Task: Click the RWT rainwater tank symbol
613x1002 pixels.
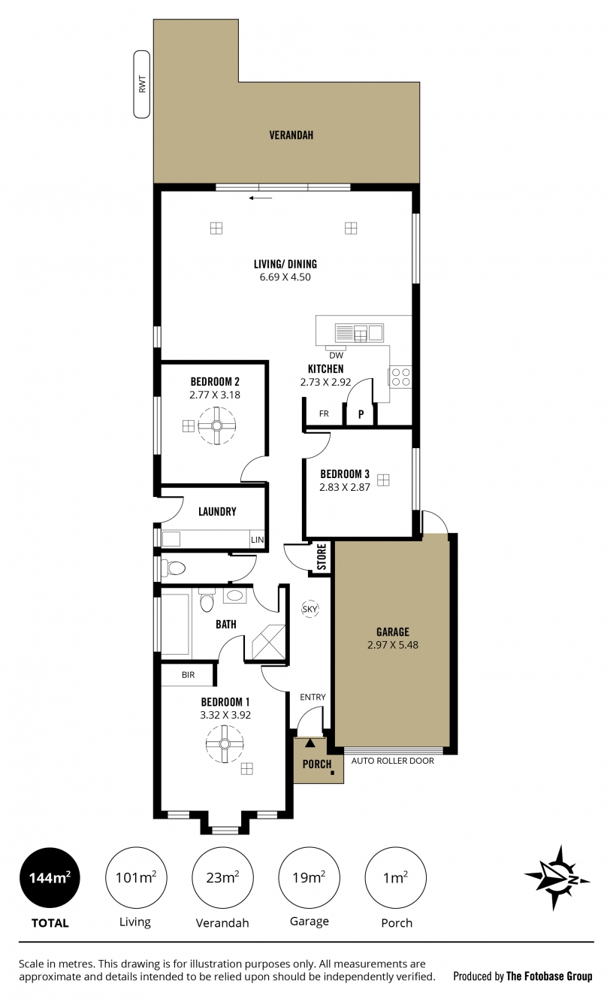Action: (x=142, y=84)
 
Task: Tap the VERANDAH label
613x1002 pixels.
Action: (x=291, y=135)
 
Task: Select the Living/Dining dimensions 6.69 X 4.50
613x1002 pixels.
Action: (x=285, y=277)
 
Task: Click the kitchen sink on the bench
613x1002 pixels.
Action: (x=360, y=333)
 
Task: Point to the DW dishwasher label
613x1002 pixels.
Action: (x=337, y=356)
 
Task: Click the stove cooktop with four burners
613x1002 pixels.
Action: (x=400, y=377)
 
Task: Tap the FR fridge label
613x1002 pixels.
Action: (x=324, y=413)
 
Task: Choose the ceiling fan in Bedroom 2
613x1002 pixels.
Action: (x=217, y=425)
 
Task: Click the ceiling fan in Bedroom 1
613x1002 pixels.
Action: (x=225, y=744)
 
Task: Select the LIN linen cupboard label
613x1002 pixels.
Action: (x=257, y=540)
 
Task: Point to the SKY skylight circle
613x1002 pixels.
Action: (x=310, y=609)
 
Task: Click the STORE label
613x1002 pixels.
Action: (x=322, y=557)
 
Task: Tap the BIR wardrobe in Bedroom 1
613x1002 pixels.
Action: (x=188, y=675)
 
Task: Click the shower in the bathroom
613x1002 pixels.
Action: (x=268, y=643)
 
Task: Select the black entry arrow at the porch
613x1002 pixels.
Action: (x=310, y=743)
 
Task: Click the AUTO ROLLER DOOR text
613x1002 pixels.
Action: (x=393, y=761)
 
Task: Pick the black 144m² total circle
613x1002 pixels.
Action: (x=50, y=878)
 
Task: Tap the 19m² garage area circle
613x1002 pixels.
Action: (x=310, y=878)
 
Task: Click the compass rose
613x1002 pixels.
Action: (x=557, y=878)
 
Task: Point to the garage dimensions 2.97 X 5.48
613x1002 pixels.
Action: (x=393, y=645)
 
